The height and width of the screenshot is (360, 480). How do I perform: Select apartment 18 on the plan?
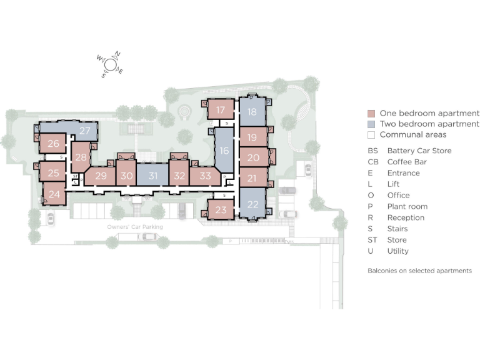[251, 112]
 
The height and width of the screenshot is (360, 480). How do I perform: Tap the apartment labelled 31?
[152, 176]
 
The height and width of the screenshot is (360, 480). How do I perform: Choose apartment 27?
[85, 131]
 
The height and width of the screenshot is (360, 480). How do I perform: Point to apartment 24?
[54, 194]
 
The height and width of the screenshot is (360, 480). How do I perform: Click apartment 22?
[252, 204]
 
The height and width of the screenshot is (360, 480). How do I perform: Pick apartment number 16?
[224, 151]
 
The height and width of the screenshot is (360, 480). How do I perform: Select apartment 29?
[101, 176]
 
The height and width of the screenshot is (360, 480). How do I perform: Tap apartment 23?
[221, 210]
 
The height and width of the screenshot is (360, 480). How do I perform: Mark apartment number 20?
[252, 158]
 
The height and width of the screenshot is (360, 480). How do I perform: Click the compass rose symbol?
[110, 64]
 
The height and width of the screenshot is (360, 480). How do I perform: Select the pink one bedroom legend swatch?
[371, 114]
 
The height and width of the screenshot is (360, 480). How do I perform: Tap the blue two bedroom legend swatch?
[371, 124]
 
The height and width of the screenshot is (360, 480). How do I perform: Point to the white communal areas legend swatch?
[371, 135]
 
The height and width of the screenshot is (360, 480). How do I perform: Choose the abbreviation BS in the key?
[372, 151]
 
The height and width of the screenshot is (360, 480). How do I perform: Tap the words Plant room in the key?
[407, 206]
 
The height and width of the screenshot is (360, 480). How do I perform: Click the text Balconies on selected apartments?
[419, 271]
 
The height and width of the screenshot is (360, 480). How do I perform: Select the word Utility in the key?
[397, 251]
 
